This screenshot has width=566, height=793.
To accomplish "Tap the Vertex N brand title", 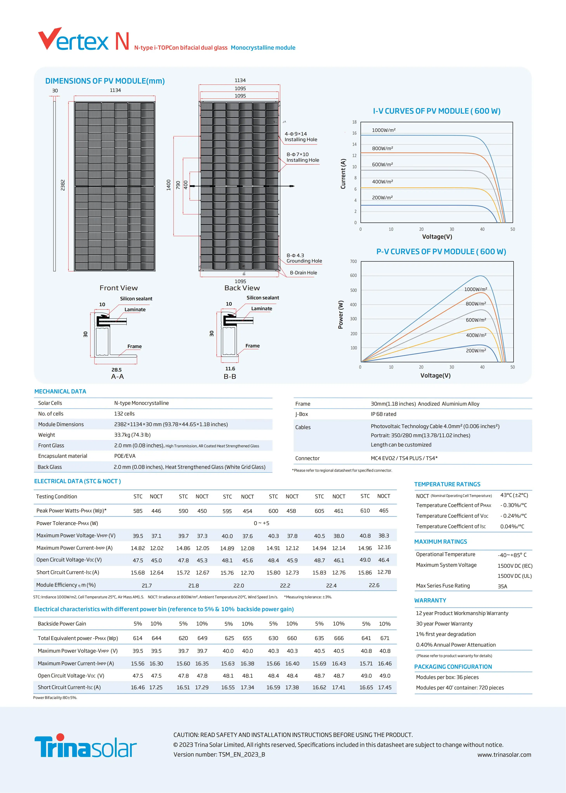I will click(84, 40).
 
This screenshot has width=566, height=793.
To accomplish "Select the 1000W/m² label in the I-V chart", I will click(383, 130).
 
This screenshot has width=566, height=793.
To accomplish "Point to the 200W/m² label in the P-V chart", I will click(476, 351).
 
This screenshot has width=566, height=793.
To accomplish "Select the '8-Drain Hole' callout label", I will click(303, 273).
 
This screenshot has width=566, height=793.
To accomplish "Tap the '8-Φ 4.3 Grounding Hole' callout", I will click(304, 258).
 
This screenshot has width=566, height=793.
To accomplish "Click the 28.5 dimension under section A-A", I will click(116, 370).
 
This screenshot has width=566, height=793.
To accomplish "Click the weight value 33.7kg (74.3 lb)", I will click(132, 435).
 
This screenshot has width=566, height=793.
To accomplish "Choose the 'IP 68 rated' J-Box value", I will click(383, 414).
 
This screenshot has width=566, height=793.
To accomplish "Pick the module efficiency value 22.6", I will click(374, 585).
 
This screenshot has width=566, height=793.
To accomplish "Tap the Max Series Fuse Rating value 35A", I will click(502, 586).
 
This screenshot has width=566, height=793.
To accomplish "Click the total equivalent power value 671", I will click(385, 638).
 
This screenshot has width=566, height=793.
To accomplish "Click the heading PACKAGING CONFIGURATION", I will click(453, 667).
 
